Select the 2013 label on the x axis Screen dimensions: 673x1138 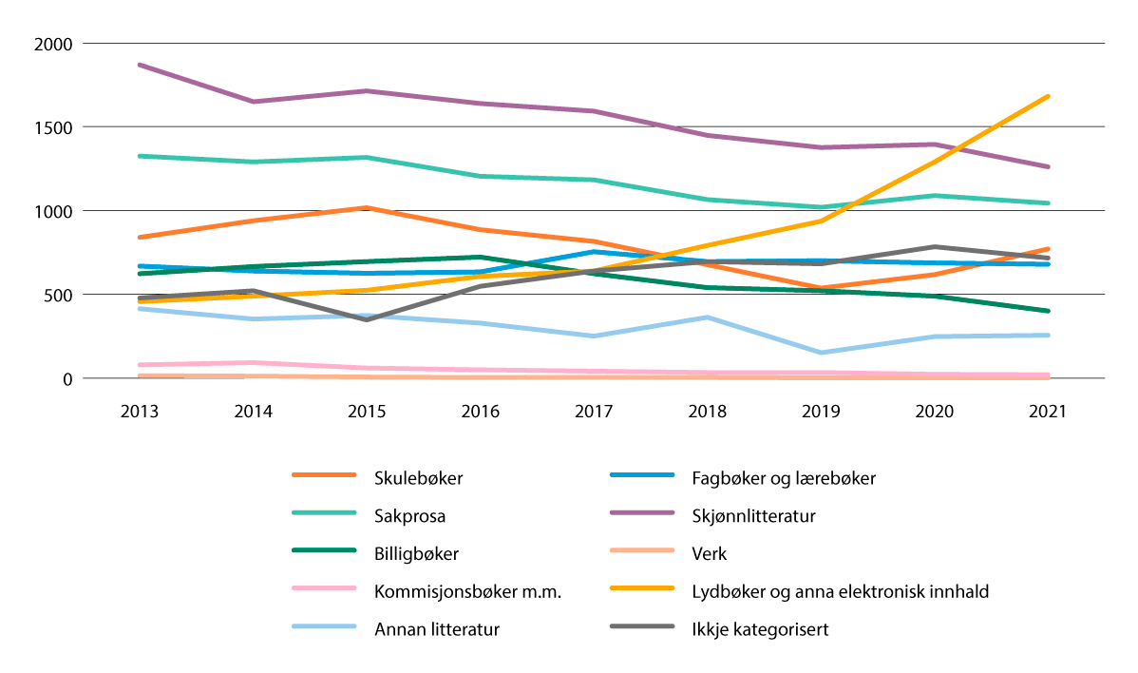click(140, 412)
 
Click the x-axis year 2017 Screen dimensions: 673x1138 click(594, 412)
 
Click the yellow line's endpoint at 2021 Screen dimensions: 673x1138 click(1048, 96)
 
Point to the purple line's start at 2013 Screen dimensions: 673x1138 click(140, 65)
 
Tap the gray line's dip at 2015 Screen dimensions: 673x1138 click(367, 319)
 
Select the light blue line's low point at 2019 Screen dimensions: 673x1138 click(821, 353)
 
